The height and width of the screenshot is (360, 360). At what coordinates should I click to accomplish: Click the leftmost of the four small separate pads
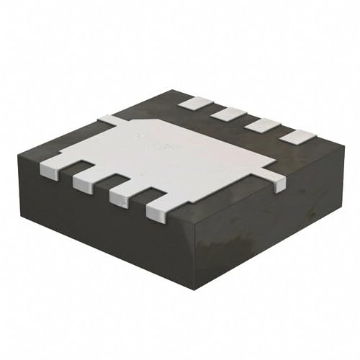pyautogui.click(x=191, y=102)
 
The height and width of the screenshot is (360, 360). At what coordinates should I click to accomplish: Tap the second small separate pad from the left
pyautogui.click(x=225, y=113)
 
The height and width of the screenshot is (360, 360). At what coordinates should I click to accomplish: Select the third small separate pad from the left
pyautogui.click(x=260, y=124)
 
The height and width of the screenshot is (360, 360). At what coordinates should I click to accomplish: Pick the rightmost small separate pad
pyautogui.click(x=297, y=135)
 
